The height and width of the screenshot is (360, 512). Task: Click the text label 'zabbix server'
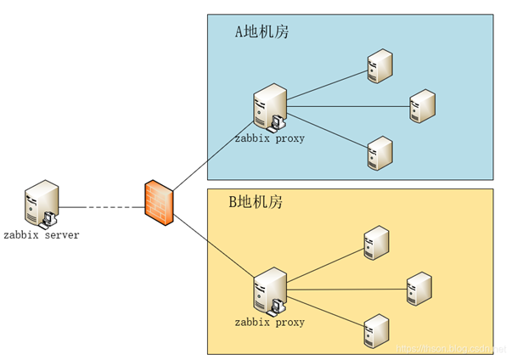(x=41, y=234)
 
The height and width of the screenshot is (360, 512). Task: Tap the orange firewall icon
(x=159, y=203)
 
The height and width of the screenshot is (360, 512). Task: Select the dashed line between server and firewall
(x=101, y=207)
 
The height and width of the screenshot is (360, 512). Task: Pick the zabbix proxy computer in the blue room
(x=269, y=108)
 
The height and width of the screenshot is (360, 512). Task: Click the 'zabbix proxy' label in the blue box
(x=269, y=138)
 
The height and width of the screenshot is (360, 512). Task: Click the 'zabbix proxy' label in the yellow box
(x=269, y=323)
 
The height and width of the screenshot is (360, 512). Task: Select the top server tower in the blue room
(x=379, y=66)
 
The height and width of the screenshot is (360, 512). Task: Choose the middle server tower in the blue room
(x=421, y=106)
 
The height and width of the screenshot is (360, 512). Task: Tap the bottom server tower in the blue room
(x=379, y=153)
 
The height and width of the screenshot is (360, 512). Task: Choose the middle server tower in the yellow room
(x=419, y=288)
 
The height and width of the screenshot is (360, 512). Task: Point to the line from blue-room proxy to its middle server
(x=348, y=106)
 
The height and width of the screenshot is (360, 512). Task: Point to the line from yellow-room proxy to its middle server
(x=348, y=289)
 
